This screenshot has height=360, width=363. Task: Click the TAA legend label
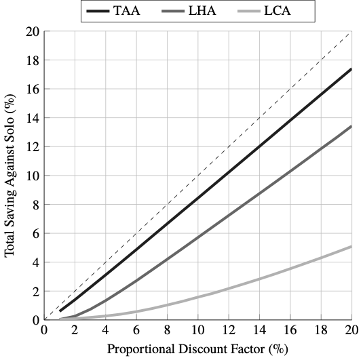tap(127, 11)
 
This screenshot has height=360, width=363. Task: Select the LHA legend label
tap(202, 11)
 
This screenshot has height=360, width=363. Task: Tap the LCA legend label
tap(278, 11)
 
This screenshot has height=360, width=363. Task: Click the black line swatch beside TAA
tap(98, 11)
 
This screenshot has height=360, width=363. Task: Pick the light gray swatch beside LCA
tap(249, 11)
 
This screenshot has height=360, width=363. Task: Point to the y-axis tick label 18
tap(33, 60)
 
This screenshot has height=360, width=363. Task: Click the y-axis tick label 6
tap(36, 233)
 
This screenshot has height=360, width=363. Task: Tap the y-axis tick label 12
tap(33, 146)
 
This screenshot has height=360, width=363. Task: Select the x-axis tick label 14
tap(259, 330)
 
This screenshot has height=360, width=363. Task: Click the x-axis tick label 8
tap(167, 330)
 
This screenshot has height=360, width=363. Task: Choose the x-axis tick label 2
tap(75, 330)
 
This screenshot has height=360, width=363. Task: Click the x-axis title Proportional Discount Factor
tap(186, 349)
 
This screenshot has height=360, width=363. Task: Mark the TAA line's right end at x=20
tap(351, 69)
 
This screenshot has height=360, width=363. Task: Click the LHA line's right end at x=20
tap(351, 126)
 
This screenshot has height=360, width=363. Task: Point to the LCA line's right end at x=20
tap(351, 247)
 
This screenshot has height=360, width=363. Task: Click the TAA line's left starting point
tap(60, 311)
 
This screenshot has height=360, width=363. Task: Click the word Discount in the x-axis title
tap(203, 349)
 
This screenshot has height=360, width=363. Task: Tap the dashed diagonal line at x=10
tap(198, 176)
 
